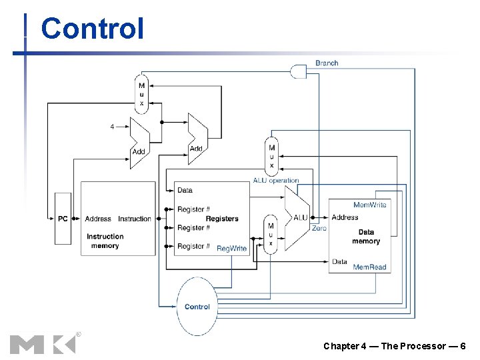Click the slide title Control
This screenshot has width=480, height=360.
tap(92, 29)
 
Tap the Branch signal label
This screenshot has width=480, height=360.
tap(327, 63)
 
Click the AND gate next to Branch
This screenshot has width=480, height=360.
tap(300, 70)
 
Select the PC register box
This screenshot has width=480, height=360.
tap(63, 219)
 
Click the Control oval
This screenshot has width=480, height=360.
tap(197, 307)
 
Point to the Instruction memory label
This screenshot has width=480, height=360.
tap(105, 241)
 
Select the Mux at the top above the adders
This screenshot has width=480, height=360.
tap(141, 94)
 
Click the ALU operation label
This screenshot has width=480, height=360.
tap(276, 181)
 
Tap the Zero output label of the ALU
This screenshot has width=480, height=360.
tap(319, 228)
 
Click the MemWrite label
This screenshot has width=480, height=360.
tap(369, 205)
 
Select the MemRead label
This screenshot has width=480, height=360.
tap(369, 267)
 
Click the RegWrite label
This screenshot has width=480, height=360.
tap(231, 249)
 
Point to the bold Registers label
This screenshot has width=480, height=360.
tap(222, 219)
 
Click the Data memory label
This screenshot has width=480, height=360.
tap(366, 237)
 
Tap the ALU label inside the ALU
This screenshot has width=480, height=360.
tap(301, 217)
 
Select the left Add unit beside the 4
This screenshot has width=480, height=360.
tap(139, 141)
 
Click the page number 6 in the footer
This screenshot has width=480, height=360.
tap(463, 346)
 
